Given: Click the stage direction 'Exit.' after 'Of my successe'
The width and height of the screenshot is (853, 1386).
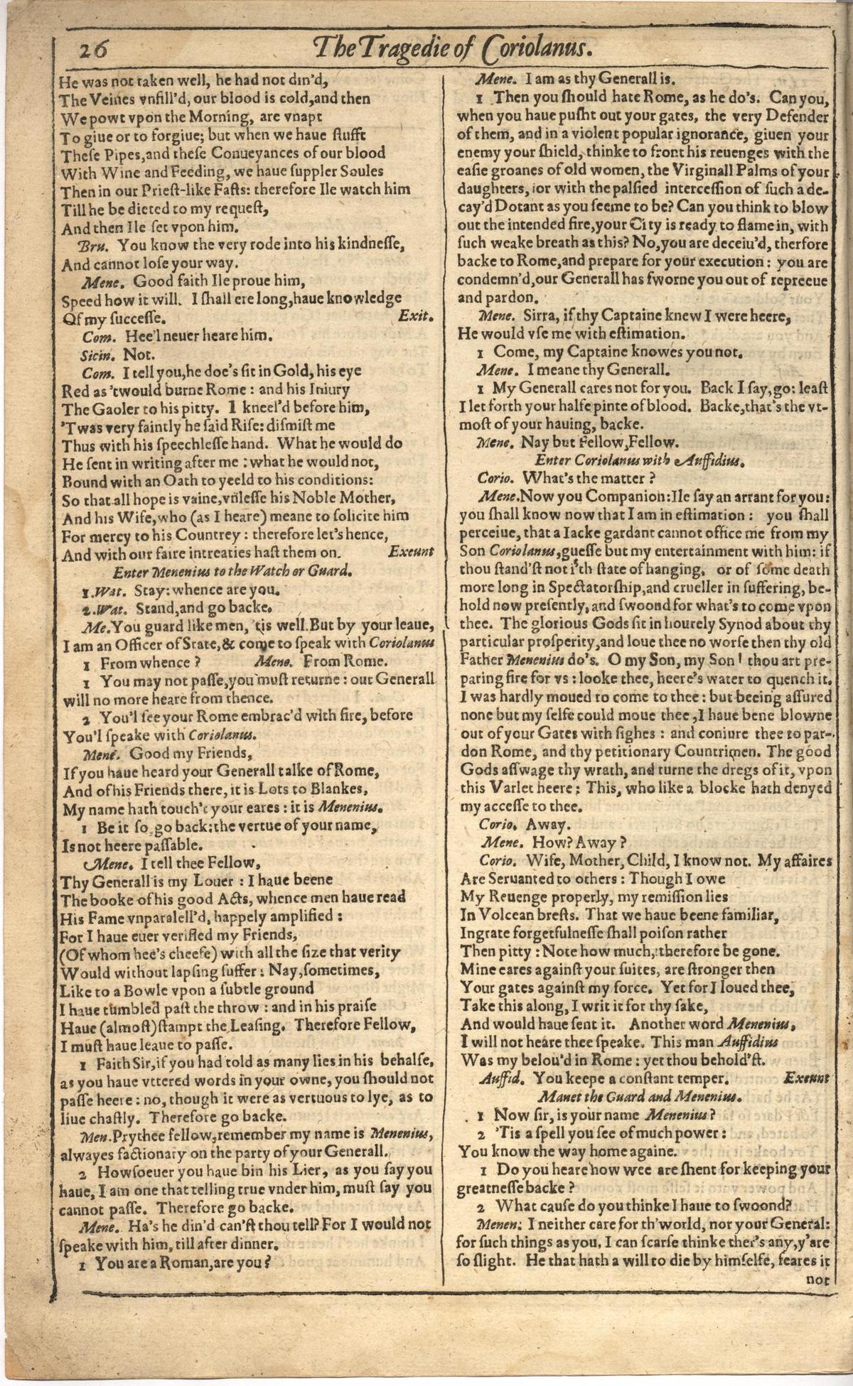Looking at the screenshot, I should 412,316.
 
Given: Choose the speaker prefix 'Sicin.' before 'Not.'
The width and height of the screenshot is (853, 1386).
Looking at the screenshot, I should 100,353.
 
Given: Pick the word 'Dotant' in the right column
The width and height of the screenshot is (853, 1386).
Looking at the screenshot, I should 522,208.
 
